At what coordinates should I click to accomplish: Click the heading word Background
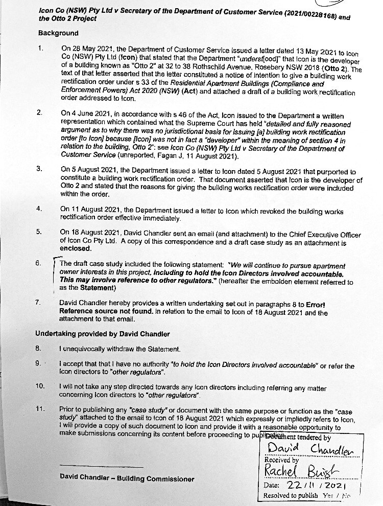pyautogui.click(x=58, y=33)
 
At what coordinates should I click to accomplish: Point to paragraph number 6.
pyautogui.click(x=38, y=264)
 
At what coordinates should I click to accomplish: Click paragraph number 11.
pyautogui.click(x=41, y=409)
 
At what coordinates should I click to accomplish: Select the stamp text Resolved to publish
pyautogui.click(x=291, y=496)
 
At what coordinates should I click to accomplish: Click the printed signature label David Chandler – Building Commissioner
pyautogui.click(x=127, y=479)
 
